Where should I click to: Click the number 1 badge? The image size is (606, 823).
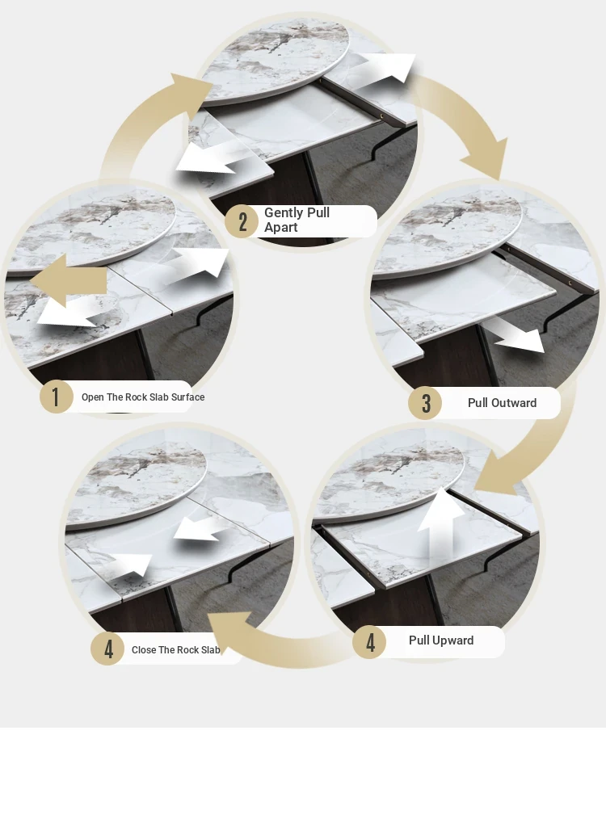[x=57, y=397]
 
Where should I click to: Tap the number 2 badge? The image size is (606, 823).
[x=242, y=221]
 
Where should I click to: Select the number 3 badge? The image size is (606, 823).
[x=425, y=403]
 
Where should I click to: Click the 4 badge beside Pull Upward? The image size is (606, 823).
[x=370, y=642]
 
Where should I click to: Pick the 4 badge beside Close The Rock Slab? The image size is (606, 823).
[x=107, y=649]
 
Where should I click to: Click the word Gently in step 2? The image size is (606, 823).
[x=284, y=212]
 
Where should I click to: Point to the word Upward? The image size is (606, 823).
[x=453, y=640]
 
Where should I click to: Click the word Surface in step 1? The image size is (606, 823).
[x=187, y=397]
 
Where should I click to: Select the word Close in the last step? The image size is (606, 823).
[x=143, y=650]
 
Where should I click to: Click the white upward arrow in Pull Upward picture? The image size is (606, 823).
[x=440, y=525]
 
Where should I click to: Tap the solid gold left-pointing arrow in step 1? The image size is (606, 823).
[x=68, y=281]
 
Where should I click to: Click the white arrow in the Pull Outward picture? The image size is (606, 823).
[x=515, y=336]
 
